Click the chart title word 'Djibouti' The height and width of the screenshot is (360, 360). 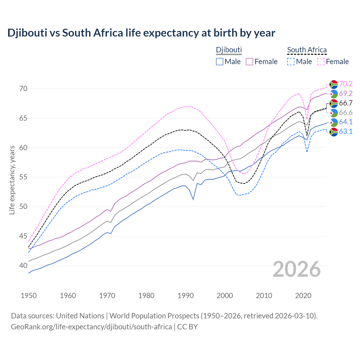(x=27, y=33)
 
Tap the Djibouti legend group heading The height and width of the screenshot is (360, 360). (x=229, y=50)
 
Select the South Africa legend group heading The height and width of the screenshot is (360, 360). (x=307, y=50)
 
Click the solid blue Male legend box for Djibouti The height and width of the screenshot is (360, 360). (x=220, y=62)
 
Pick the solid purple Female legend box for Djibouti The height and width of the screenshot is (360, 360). (x=249, y=62)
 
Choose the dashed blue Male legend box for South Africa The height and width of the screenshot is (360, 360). (x=291, y=62)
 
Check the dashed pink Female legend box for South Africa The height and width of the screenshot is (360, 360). (x=321, y=62)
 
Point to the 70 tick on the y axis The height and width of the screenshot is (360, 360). (x=23, y=89)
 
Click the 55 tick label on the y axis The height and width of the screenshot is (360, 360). (x=23, y=177)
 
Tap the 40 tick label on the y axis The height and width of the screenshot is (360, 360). (x=23, y=265)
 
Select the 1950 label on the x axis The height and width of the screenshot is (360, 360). (x=29, y=296)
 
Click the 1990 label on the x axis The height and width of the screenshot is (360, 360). (x=186, y=296)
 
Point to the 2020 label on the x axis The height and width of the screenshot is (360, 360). (x=303, y=296)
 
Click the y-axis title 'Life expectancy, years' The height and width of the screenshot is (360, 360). (x=12, y=180)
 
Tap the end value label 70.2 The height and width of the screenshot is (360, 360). (x=346, y=84)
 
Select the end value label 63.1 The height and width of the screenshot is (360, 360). (x=346, y=131)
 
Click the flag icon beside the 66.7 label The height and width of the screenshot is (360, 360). (x=334, y=103)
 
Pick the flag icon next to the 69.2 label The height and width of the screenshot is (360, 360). (x=334, y=94)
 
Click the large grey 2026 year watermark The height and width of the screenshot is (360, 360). (x=297, y=269)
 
